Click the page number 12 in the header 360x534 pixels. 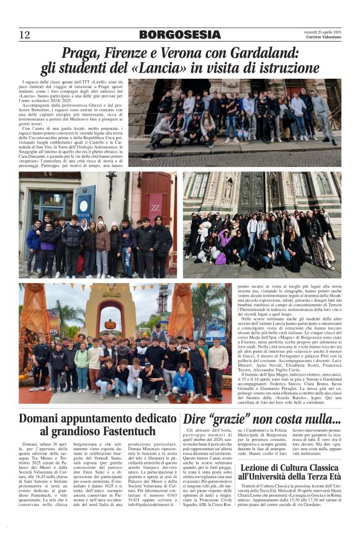pos(24,35)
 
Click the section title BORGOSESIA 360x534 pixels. pos(179,35)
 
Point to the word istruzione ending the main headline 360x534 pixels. pos(288,68)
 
